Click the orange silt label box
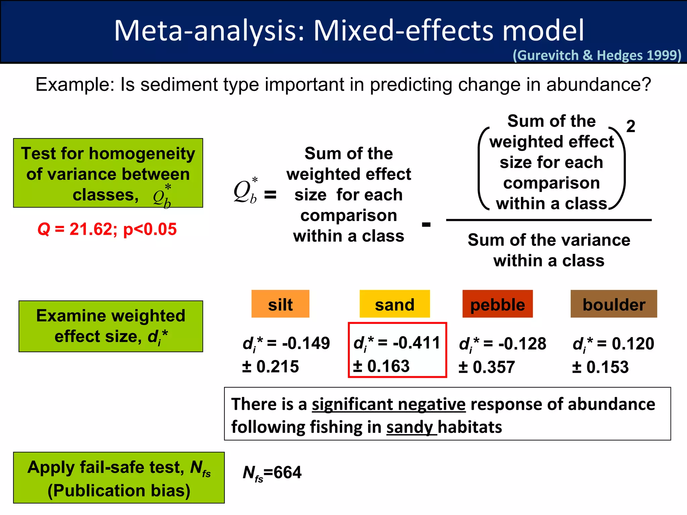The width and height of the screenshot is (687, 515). [x=280, y=304]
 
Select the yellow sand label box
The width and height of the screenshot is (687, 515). [x=394, y=304]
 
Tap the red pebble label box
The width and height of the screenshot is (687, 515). [x=497, y=304]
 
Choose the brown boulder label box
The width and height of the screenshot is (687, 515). [x=614, y=304]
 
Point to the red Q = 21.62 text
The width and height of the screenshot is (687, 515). [x=107, y=229]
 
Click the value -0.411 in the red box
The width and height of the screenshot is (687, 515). [x=416, y=343]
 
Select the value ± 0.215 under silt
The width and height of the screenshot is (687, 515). [x=270, y=366]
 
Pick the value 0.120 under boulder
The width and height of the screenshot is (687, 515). [x=633, y=344]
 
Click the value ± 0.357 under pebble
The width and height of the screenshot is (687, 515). [x=486, y=367]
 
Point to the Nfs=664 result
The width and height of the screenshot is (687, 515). [x=272, y=473]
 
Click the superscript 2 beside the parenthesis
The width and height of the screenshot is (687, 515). [x=631, y=126]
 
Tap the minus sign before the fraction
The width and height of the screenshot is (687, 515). [x=426, y=224]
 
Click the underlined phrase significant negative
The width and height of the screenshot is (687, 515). [x=388, y=404]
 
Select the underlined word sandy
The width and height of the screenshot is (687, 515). [x=410, y=427]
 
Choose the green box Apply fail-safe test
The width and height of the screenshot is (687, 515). [x=119, y=477]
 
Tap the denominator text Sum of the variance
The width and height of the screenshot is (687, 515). [x=549, y=240]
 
